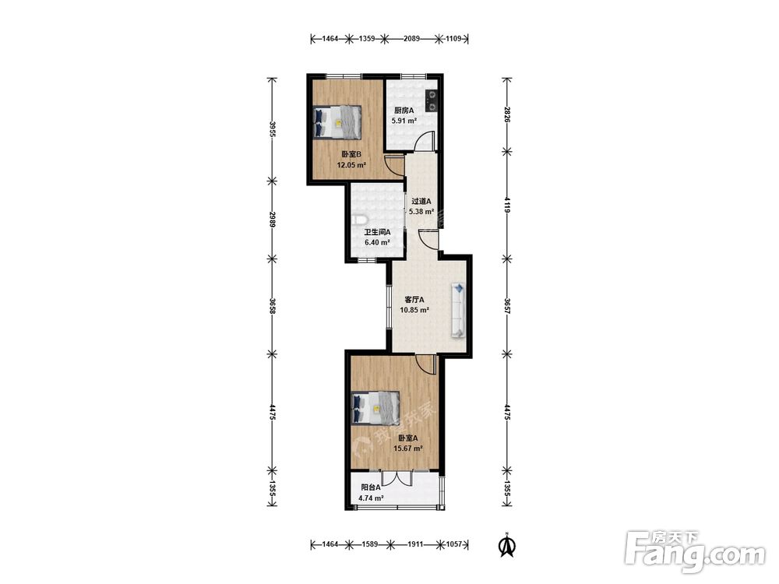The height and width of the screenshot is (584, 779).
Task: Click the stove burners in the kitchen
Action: click(x=432, y=100)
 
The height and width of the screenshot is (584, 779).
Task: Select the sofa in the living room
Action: click(x=458, y=311)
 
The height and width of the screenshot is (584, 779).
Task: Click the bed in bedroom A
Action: click(x=375, y=408)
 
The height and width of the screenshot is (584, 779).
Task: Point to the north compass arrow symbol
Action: click(x=507, y=545)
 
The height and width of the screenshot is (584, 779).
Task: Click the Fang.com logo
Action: click(x=695, y=551)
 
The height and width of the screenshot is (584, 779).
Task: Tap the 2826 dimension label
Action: click(x=507, y=114)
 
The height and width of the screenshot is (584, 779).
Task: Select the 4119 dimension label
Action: click(x=507, y=205)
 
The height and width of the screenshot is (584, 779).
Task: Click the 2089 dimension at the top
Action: click(x=411, y=38)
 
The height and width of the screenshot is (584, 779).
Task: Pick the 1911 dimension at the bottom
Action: click(x=415, y=544)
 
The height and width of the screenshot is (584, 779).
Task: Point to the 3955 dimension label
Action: click(x=272, y=130)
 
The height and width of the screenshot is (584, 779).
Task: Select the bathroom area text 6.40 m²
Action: click(x=377, y=242)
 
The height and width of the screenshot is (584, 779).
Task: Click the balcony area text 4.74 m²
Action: click(x=371, y=498)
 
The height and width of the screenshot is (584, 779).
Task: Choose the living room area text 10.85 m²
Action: click(x=414, y=310)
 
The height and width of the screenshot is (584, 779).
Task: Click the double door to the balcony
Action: click(x=397, y=478)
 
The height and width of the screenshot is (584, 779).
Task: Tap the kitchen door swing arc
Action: click(x=425, y=140)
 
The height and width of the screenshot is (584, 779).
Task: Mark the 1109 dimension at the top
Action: click(x=454, y=38)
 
